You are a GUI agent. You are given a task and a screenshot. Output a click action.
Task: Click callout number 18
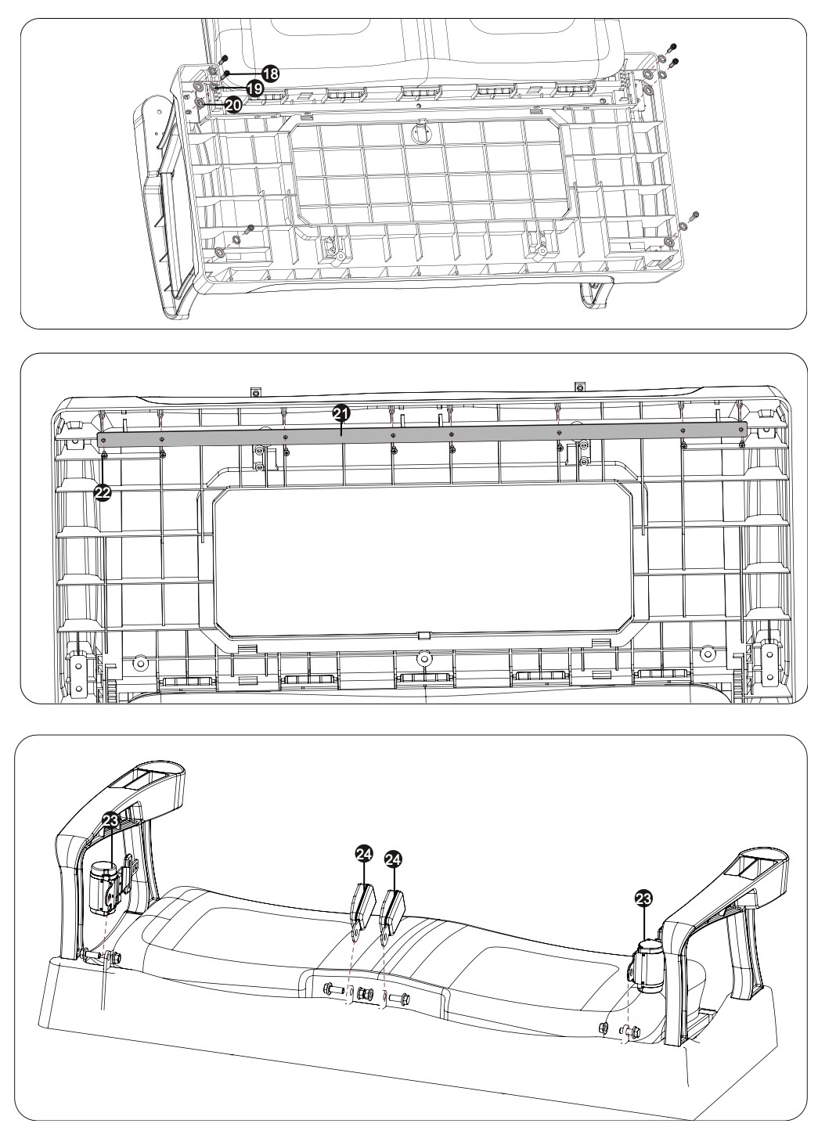pyautogui.click(x=269, y=74)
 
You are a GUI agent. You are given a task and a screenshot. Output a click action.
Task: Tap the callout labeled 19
pyautogui.click(x=254, y=88)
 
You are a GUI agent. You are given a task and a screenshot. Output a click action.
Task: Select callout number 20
pyautogui.click(x=232, y=103)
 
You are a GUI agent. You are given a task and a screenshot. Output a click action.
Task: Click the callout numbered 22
pyautogui.click(x=103, y=492)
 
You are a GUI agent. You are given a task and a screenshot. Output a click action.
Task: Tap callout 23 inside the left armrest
pyautogui.click(x=110, y=819)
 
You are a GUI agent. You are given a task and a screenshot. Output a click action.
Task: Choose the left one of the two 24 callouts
pyautogui.click(x=363, y=856)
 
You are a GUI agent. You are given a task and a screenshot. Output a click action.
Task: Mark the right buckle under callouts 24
pyautogui.click(x=391, y=909)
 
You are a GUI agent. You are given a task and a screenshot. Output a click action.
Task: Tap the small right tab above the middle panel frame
pyautogui.click(x=579, y=386)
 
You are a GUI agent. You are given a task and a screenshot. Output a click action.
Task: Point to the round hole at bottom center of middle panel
pyautogui.click(x=423, y=658)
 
